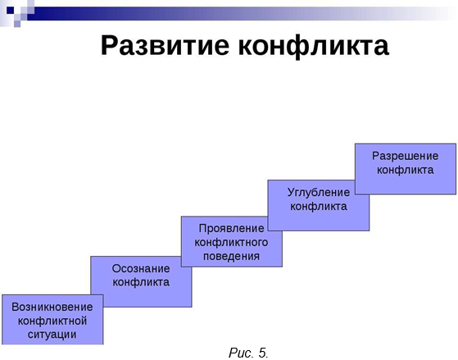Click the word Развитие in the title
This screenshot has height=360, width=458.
coord(165,46)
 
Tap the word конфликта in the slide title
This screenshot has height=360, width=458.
coord(314,47)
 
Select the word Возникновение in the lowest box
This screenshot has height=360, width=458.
coord(52,307)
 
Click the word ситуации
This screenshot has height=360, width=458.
coord(52,334)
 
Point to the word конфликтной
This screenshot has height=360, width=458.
coord(52,321)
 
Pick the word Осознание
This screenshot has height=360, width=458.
coord(141,268)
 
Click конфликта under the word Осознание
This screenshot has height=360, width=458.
coord(141,282)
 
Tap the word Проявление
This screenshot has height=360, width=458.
coord(231,228)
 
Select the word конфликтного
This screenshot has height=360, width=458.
coord(231,242)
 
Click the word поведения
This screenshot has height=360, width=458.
coord(231,256)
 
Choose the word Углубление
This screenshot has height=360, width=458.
coord(319,193)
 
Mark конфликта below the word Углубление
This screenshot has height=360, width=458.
coord(319,207)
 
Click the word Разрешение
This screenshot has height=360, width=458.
coord(405,156)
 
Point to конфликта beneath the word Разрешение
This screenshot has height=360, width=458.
coord(405,170)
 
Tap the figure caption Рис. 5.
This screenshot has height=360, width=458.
coord(248,353)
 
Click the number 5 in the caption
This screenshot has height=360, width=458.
coord(262,353)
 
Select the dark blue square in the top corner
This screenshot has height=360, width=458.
coord(10,10)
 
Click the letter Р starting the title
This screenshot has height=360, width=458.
coord(109,45)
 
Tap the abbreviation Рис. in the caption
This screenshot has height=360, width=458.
coord(241,353)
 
